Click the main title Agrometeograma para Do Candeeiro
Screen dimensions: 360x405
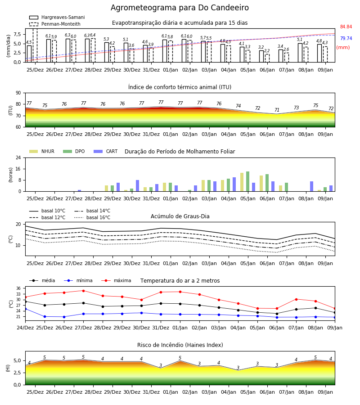[180, 8]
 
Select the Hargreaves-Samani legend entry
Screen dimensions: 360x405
[57, 17]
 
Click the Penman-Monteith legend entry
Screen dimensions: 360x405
[55, 24]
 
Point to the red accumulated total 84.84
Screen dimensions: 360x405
[346, 27]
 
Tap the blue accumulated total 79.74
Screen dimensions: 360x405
[346, 39]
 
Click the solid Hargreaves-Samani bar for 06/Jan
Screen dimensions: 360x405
[261, 56]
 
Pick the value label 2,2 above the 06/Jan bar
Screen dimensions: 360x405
[267, 51]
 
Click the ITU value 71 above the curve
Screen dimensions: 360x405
[277, 110]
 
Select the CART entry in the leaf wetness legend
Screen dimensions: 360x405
[106, 151]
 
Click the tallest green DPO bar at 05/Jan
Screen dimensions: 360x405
[247, 181]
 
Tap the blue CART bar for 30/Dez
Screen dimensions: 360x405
[137, 186]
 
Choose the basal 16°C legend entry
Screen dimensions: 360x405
[92, 217]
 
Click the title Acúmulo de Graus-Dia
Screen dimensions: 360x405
[180, 216]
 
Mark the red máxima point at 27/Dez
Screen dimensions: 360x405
[83, 291]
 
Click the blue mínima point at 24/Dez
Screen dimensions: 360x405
[25, 309]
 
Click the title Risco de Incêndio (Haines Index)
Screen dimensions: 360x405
[180, 345]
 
